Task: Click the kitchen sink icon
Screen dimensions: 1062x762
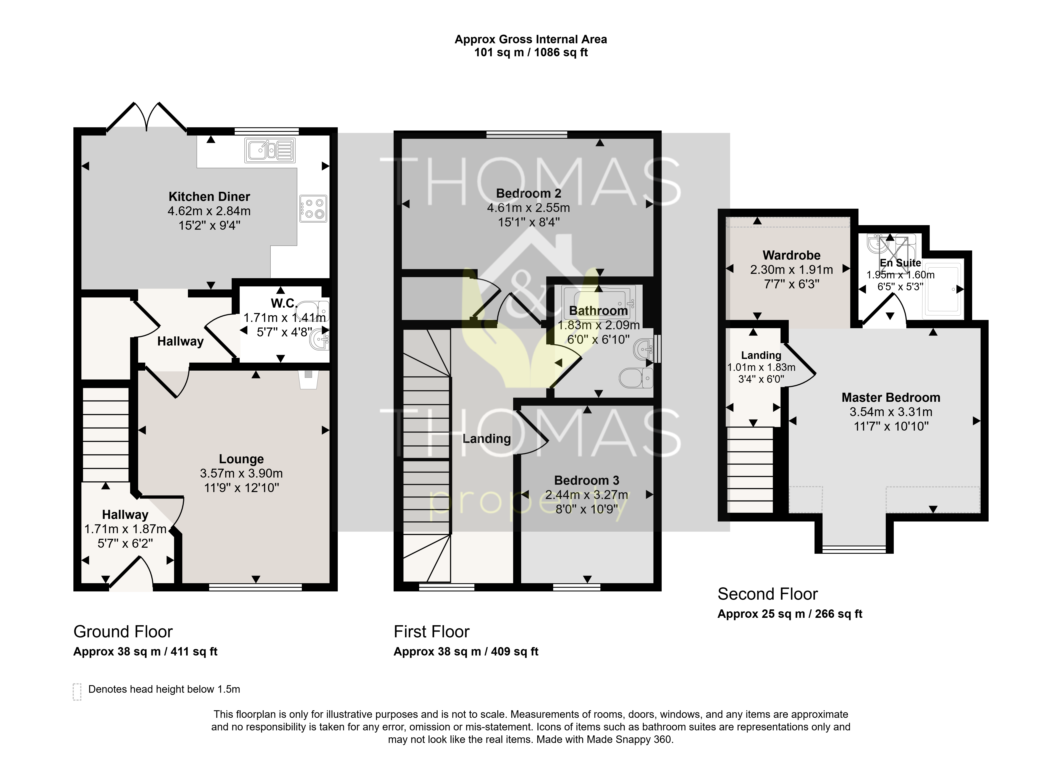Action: coord(269,150)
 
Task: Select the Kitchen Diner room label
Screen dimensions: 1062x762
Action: coord(209,197)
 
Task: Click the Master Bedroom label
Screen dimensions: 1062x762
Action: coord(891,397)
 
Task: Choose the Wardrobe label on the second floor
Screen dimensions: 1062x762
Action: coord(791,255)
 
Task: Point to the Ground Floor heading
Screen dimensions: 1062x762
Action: coord(123,632)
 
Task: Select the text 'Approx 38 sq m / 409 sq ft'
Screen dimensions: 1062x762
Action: coord(466,652)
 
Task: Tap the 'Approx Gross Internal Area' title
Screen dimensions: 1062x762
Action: coord(530,39)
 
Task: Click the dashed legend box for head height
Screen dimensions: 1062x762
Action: coord(77,692)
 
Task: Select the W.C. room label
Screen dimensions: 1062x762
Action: coord(284,303)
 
